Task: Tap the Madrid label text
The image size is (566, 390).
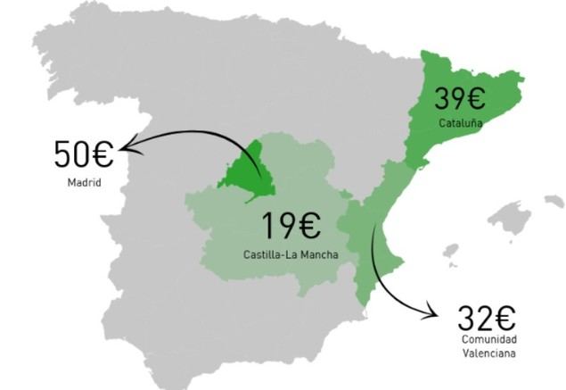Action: [84, 184]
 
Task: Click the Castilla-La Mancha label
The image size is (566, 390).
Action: [291, 254]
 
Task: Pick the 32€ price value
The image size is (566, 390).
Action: [488, 317]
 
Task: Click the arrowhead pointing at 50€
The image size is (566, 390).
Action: [126, 145]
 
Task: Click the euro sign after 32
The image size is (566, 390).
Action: [505, 317]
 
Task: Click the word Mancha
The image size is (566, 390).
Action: [318, 254]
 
